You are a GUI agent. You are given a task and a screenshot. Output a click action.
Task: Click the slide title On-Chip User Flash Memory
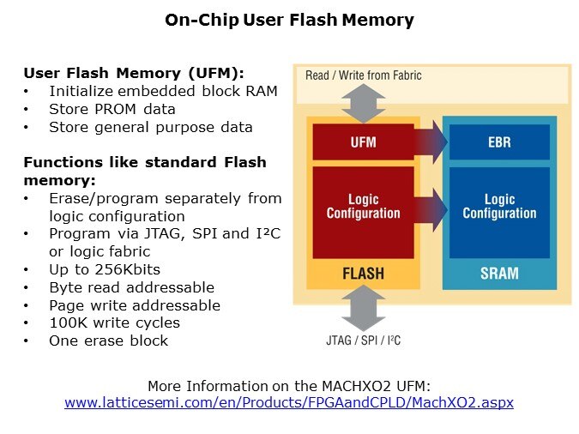(x=289, y=20)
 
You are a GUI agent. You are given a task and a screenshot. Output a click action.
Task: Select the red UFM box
(x=363, y=142)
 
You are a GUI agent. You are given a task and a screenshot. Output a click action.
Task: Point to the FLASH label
(x=363, y=274)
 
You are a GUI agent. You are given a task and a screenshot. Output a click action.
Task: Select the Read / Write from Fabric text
(x=364, y=75)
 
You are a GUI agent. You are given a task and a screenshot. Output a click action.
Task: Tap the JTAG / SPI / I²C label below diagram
(x=364, y=341)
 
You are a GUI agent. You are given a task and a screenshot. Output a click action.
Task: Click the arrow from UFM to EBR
(x=432, y=142)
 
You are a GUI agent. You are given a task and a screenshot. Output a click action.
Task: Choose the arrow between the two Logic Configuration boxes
(x=432, y=208)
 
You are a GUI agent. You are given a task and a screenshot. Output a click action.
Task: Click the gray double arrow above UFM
(x=363, y=105)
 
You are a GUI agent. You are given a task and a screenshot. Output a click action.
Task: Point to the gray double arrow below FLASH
(x=363, y=307)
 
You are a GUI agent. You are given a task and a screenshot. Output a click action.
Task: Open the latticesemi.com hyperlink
(x=289, y=401)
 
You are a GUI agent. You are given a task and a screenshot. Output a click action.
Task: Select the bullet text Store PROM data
(x=112, y=109)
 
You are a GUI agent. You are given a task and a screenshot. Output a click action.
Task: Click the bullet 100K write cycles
(x=114, y=322)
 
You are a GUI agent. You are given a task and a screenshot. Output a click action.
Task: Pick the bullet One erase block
(x=108, y=341)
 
